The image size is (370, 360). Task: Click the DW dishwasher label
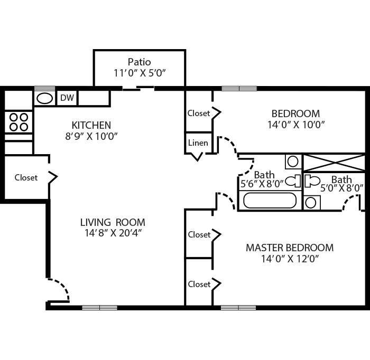(x=67, y=98)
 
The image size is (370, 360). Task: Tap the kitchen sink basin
(x=44, y=98)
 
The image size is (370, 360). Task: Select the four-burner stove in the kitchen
(x=18, y=122)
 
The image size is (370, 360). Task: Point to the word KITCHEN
(x=91, y=125)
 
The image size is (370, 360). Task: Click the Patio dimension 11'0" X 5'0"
(x=140, y=73)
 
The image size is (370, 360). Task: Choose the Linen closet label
(x=198, y=143)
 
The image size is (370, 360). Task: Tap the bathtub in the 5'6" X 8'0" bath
(x=270, y=201)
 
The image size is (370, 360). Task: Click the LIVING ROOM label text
(x=113, y=222)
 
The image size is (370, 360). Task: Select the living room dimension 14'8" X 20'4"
(x=113, y=233)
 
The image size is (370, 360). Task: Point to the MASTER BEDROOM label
(x=290, y=248)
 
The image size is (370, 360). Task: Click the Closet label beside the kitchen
(x=26, y=178)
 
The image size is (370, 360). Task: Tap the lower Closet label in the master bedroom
(x=199, y=284)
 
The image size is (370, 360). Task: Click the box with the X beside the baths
(x=334, y=163)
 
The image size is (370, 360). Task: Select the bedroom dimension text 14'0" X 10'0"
(x=295, y=125)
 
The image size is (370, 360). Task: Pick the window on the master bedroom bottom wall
(x=238, y=307)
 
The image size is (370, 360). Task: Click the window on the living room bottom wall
(x=100, y=307)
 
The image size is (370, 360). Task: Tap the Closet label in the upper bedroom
(x=199, y=113)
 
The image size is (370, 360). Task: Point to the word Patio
(x=139, y=62)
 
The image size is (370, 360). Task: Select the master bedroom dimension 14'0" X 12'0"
(x=290, y=259)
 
